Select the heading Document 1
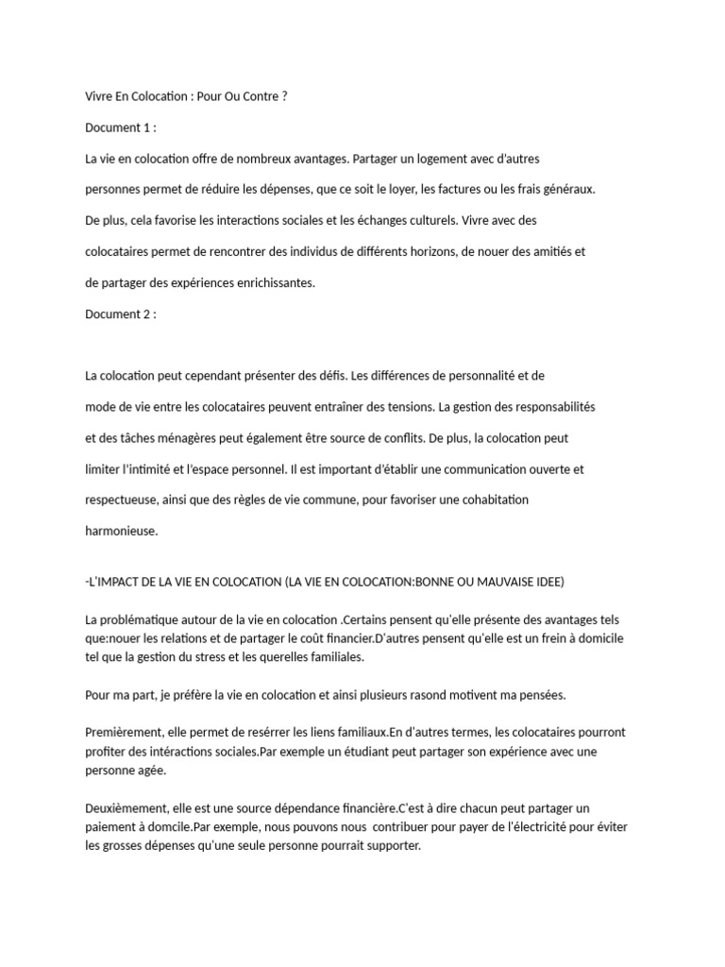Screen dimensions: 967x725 (x=120, y=127)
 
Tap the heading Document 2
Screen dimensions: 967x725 (x=120, y=314)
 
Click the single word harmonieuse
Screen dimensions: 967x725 (x=122, y=531)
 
